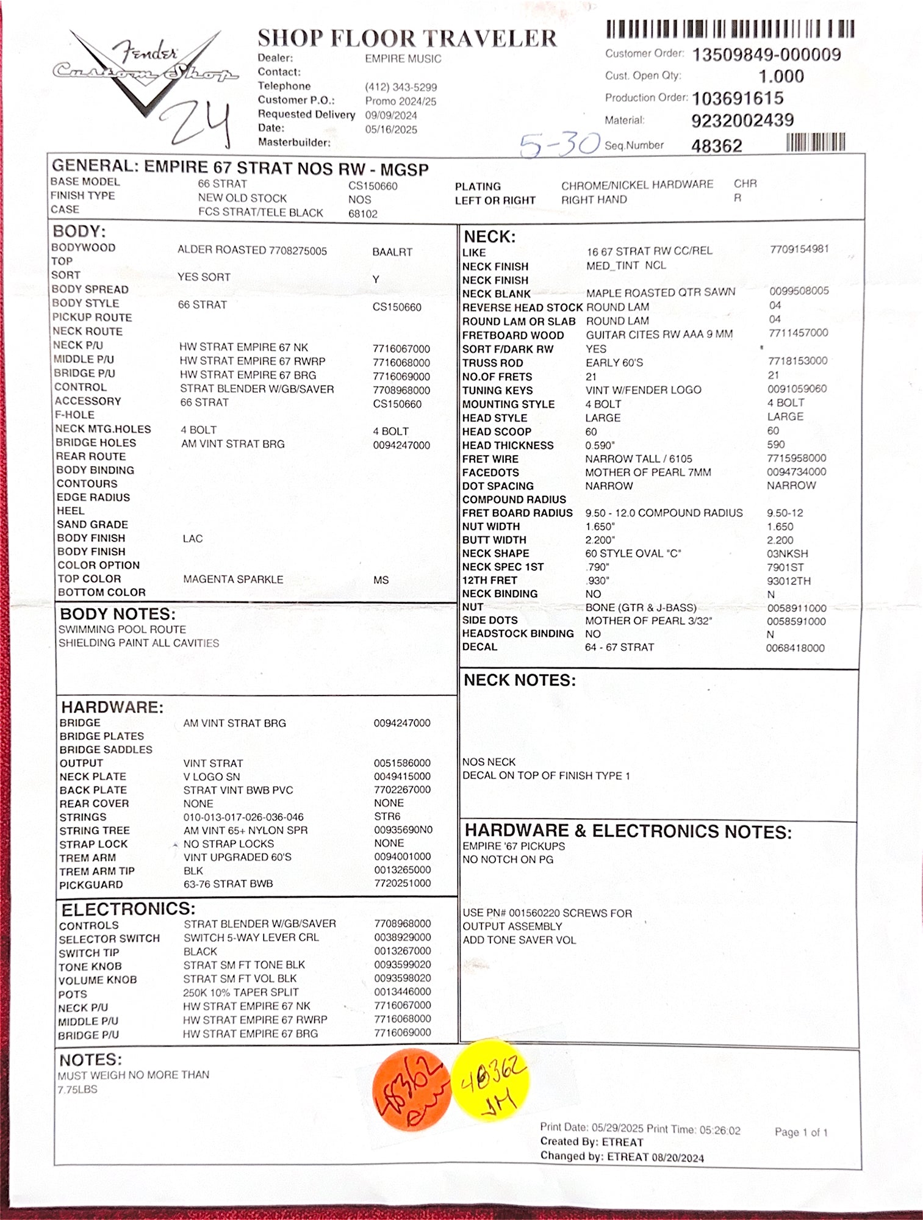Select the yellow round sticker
click(490, 1080)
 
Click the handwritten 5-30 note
click(559, 145)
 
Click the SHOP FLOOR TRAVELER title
click(407, 38)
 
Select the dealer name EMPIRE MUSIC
click(403, 59)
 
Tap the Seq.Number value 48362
click(716, 146)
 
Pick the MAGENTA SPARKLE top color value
click(233, 579)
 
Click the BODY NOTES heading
click(117, 614)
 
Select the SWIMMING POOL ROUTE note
click(122, 630)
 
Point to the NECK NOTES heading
click(519, 680)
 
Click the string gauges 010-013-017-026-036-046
click(243, 817)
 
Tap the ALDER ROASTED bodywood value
click(252, 250)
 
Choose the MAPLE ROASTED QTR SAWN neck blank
click(660, 293)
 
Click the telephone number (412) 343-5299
click(401, 87)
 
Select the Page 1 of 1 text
click(800, 1132)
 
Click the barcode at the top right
click(730, 29)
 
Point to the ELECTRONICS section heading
click(128, 909)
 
